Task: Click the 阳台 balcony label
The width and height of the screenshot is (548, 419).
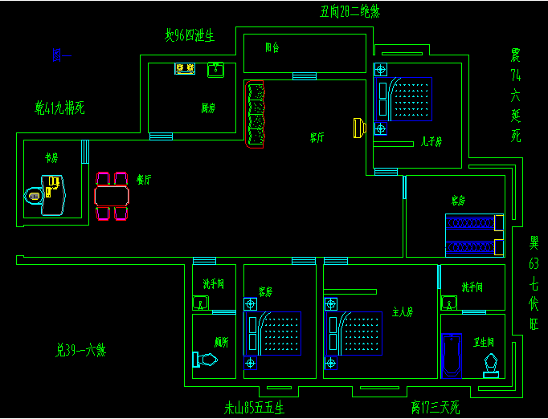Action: (x=272, y=48)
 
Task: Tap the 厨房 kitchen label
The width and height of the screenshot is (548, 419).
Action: (x=207, y=108)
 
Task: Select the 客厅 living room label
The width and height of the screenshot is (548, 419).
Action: (x=317, y=138)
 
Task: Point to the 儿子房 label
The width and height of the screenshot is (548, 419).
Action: (x=431, y=142)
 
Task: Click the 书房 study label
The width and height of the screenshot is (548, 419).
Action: (x=52, y=158)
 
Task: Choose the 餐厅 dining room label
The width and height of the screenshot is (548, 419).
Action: (x=144, y=181)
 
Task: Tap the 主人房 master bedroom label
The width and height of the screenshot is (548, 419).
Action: (x=402, y=311)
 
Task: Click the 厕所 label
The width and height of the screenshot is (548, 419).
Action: (x=221, y=341)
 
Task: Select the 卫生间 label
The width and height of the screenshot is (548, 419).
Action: (x=483, y=341)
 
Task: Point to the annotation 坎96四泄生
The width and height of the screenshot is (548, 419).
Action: (x=190, y=35)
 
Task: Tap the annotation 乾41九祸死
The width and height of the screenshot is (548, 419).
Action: (x=59, y=107)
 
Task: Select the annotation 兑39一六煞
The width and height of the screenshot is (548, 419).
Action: (x=80, y=350)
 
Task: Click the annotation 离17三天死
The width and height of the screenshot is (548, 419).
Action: (x=434, y=408)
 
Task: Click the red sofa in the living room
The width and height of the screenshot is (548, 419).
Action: (x=255, y=114)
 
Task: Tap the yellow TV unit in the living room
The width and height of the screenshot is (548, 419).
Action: (x=358, y=128)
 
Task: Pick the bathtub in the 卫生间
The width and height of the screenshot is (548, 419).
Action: (x=452, y=355)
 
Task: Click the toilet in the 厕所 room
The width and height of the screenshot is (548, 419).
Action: (x=205, y=360)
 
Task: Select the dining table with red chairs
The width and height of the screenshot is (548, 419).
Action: (x=112, y=195)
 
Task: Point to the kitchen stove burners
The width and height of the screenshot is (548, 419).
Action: (x=185, y=69)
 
